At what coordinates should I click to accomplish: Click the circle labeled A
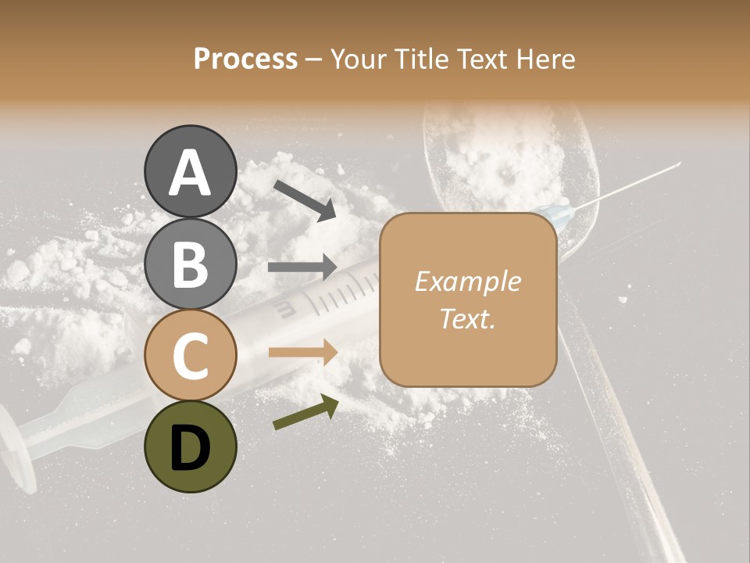(x=190, y=171)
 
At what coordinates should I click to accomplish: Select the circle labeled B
(x=190, y=264)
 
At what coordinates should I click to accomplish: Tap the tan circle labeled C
(x=190, y=356)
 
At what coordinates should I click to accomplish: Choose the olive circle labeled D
(x=190, y=447)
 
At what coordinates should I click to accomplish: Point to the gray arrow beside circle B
(x=302, y=267)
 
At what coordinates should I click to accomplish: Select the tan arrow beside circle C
(x=302, y=352)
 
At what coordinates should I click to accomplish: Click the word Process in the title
(x=245, y=59)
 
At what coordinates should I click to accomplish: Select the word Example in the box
(x=467, y=281)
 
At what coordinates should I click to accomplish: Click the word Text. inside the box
(x=467, y=318)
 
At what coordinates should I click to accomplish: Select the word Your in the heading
(x=358, y=59)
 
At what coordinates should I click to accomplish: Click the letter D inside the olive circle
(x=190, y=448)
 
